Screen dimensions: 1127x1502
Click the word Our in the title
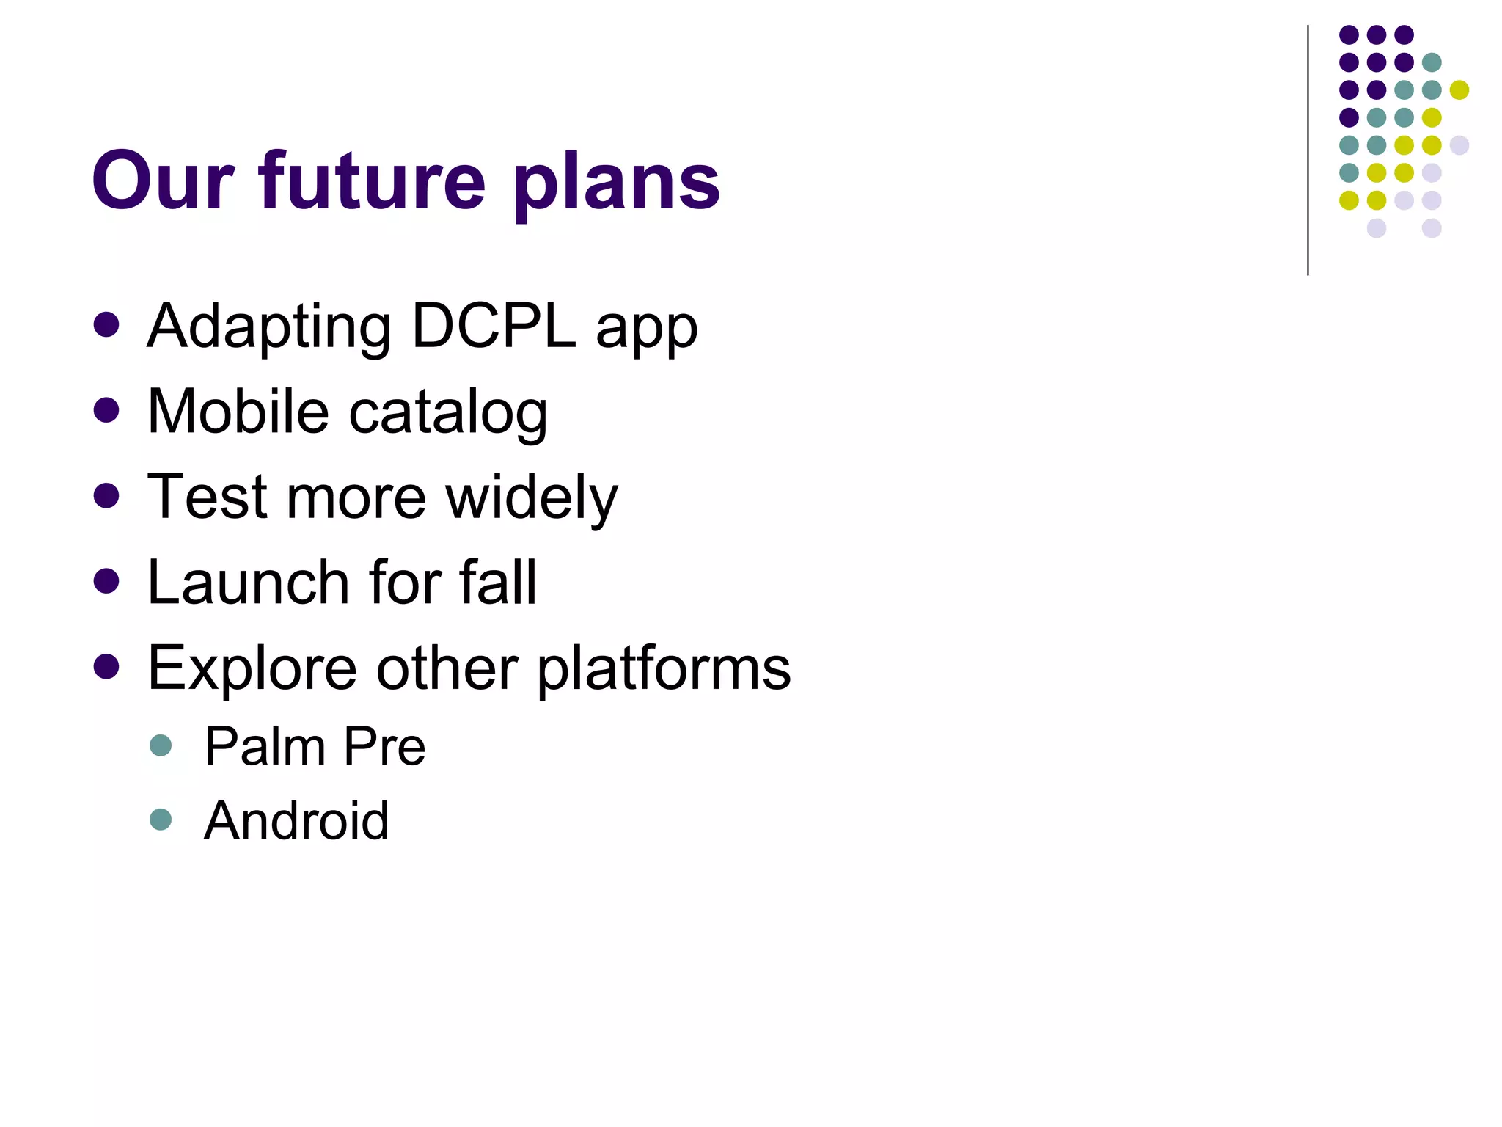163,180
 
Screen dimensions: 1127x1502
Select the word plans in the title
616,183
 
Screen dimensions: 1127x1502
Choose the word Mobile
238,412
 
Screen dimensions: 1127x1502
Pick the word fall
498,583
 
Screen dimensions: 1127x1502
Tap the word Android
296,820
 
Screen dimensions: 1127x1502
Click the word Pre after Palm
384,746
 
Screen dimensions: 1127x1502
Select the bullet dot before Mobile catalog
106,410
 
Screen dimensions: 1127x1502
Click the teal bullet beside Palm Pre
160,745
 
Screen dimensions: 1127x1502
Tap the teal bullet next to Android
160,819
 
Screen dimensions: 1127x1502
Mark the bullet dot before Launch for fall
106,581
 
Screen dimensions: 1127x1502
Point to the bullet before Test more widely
106,495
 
